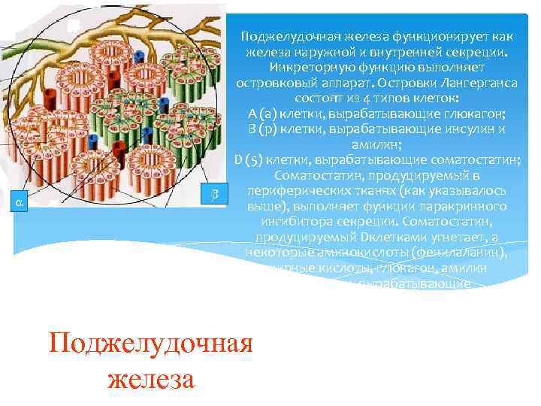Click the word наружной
click(332, 50)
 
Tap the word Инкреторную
click(295, 66)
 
